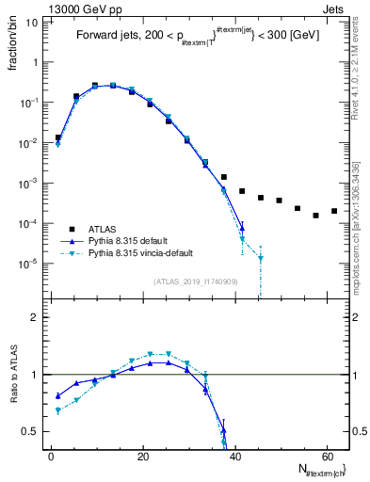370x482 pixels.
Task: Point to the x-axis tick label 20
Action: [x=142, y=456]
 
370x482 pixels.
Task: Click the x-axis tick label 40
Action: [x=234, y=456]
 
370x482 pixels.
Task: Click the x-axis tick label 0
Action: [x=51, y=456]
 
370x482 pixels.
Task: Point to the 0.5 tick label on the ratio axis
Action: [x=31, y=431]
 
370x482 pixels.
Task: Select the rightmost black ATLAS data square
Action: [x=334, y=211]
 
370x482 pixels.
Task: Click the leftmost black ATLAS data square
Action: [x=58, y=137]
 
